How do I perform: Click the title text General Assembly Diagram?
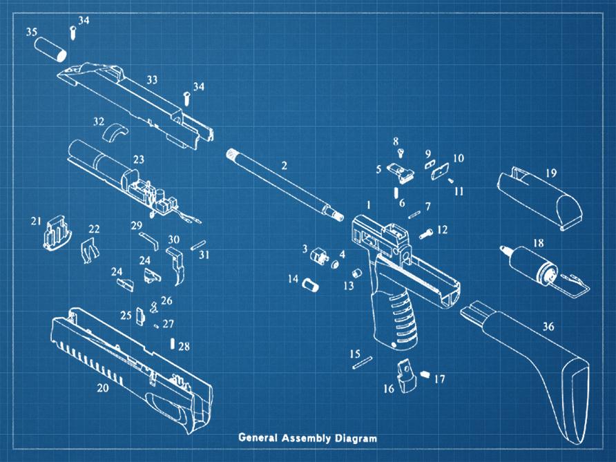[308, 438]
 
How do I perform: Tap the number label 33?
[151, 80]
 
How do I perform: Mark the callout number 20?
[102, 388]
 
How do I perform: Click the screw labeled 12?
[425, 235]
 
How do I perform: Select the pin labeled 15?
[363, 363]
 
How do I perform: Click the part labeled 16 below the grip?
[405, 377]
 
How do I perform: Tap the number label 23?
[139, 160]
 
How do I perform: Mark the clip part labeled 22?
[89, 247]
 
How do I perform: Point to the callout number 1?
[369, 205]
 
